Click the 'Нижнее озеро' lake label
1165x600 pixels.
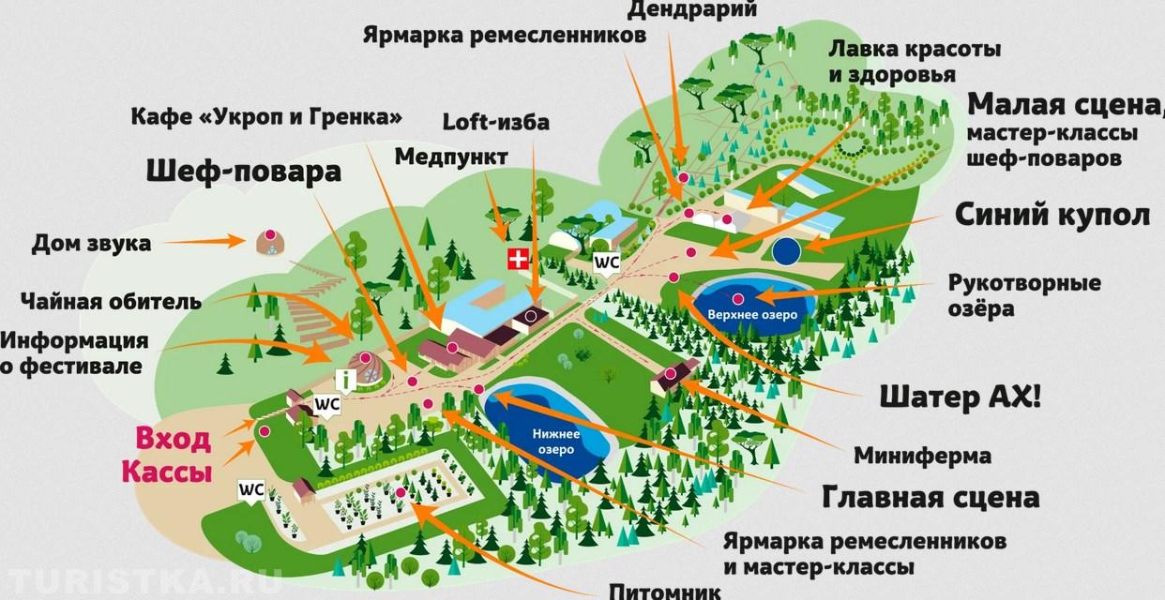(556, 441)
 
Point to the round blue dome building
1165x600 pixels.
(787, 250)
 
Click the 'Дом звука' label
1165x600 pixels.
(91, 245)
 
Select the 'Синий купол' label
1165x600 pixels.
(1052, 215)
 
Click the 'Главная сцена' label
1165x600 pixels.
(930, 497)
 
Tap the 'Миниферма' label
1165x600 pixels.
(922, 457)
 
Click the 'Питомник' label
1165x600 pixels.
(665, 591)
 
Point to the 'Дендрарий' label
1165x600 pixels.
(706, 10)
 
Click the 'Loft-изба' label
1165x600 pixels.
(496, 121)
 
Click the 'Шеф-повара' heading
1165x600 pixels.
(243, 172)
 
